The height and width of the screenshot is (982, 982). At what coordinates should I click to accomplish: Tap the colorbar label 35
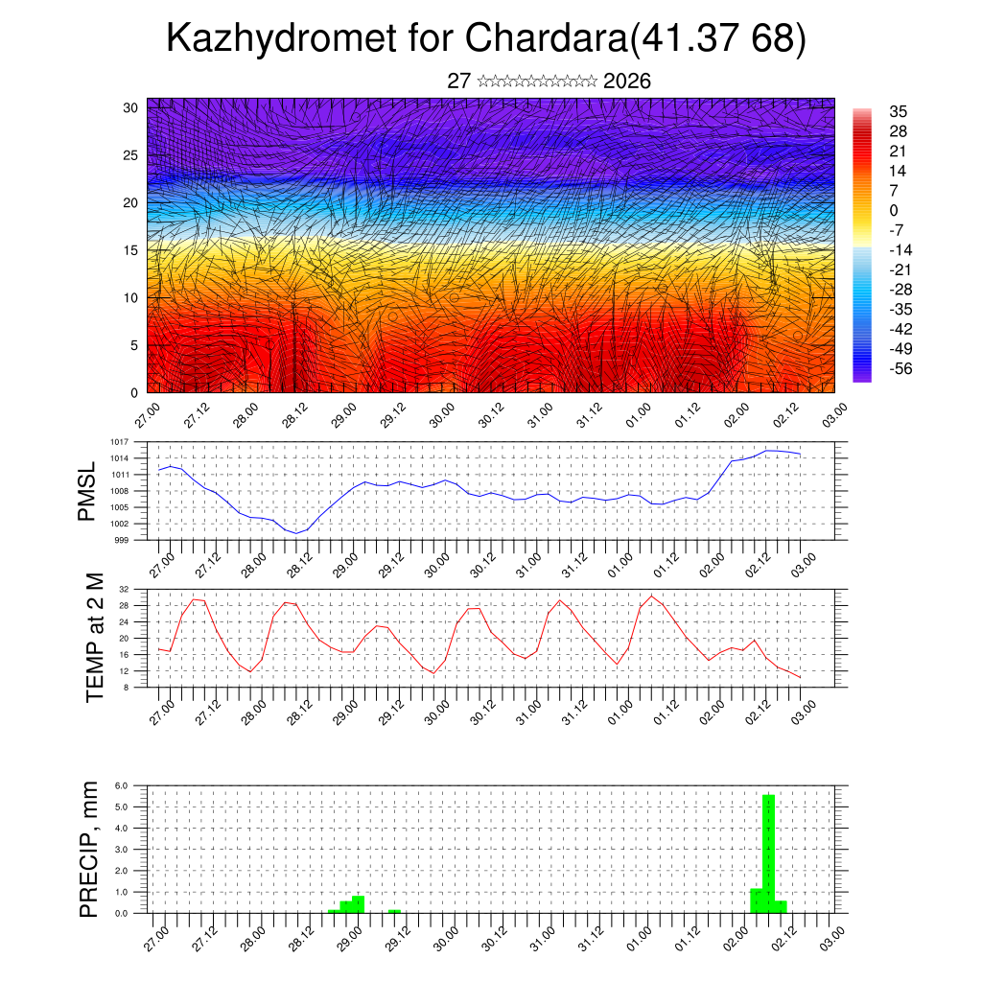coord(898,111)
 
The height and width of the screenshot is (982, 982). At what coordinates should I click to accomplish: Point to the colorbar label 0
coord(894,210)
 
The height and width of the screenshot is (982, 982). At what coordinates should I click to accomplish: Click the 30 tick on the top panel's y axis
coord(131,107)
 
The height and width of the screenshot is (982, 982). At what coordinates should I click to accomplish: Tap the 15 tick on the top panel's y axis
coord(131,250)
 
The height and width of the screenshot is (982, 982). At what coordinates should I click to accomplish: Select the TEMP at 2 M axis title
coord(94,637)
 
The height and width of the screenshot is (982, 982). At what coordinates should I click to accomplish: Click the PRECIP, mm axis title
coord(89,849)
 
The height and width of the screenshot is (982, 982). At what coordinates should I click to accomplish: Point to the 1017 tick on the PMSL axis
coord(119,442)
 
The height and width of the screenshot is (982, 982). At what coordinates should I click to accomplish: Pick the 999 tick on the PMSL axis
coord(121,540)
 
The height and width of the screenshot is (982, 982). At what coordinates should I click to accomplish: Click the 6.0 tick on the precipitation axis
coord(122,785)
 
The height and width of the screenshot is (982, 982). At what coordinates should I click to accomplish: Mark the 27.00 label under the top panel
coord(147,415)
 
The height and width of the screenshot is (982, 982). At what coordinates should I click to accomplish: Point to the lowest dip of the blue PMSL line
coord(297,532)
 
